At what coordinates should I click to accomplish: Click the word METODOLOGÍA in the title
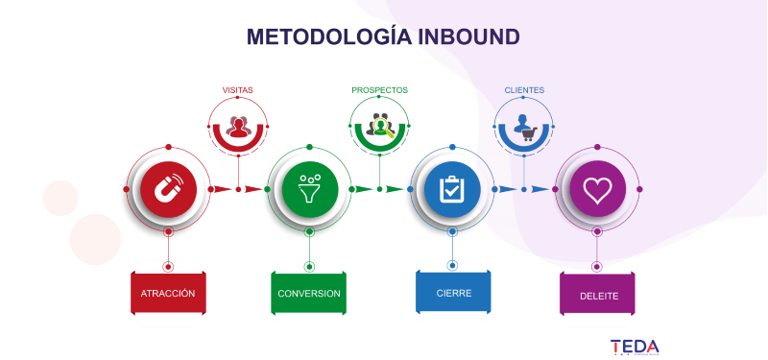(328, 37)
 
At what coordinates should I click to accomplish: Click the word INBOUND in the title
(468, 37)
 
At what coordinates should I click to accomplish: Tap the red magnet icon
(169, 189)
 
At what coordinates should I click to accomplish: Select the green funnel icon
(309, 189)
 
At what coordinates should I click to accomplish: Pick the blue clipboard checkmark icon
(452, 189)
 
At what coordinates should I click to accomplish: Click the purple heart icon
(597, 189)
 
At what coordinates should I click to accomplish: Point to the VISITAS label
(237, 90)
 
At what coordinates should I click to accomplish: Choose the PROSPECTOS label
(379, 90)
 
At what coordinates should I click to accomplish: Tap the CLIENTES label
(524, 90)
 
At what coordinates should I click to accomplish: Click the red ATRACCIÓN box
(168, 293)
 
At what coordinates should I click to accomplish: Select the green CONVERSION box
(308, 293)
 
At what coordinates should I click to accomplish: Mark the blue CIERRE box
(453, 292)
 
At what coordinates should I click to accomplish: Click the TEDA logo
(635, 347)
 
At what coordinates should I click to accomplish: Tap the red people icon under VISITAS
(238, 127)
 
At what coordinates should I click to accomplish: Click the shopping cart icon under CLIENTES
(530, 133)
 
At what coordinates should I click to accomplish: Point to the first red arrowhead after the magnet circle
(223, 189)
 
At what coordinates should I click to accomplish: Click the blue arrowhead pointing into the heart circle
(540, 189)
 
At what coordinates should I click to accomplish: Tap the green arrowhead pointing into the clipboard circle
(396, 189)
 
